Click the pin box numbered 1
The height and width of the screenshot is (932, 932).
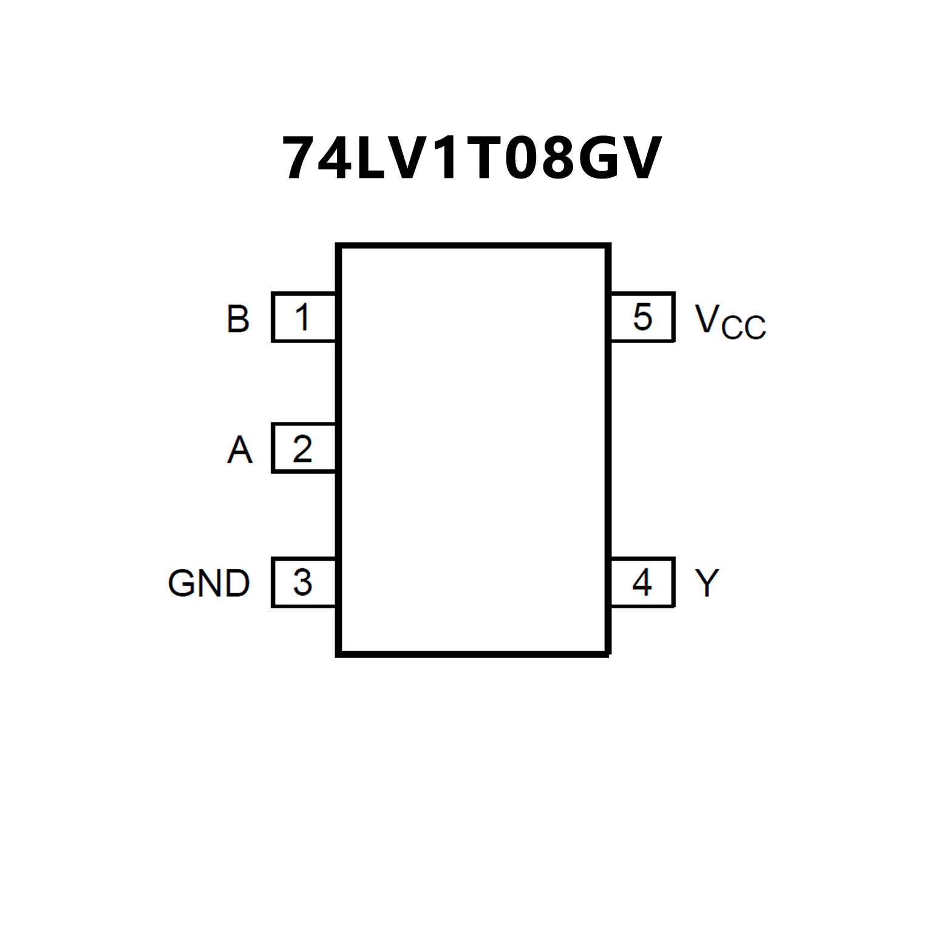tap(304, 318)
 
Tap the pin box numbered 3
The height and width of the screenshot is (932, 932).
tap(304, 582)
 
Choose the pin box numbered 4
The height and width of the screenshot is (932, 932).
tap(642, 582)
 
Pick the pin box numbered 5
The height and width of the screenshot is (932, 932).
tap(642, 318)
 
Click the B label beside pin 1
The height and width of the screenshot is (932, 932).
tap(238, 319)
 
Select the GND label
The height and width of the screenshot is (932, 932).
tap(208, 583)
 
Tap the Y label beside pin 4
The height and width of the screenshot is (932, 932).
tap(707, 583)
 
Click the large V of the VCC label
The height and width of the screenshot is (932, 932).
tap(707, 318)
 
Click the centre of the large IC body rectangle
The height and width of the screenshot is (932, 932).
tap(473, 450)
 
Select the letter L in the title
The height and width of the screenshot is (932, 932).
tap(372, 158)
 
